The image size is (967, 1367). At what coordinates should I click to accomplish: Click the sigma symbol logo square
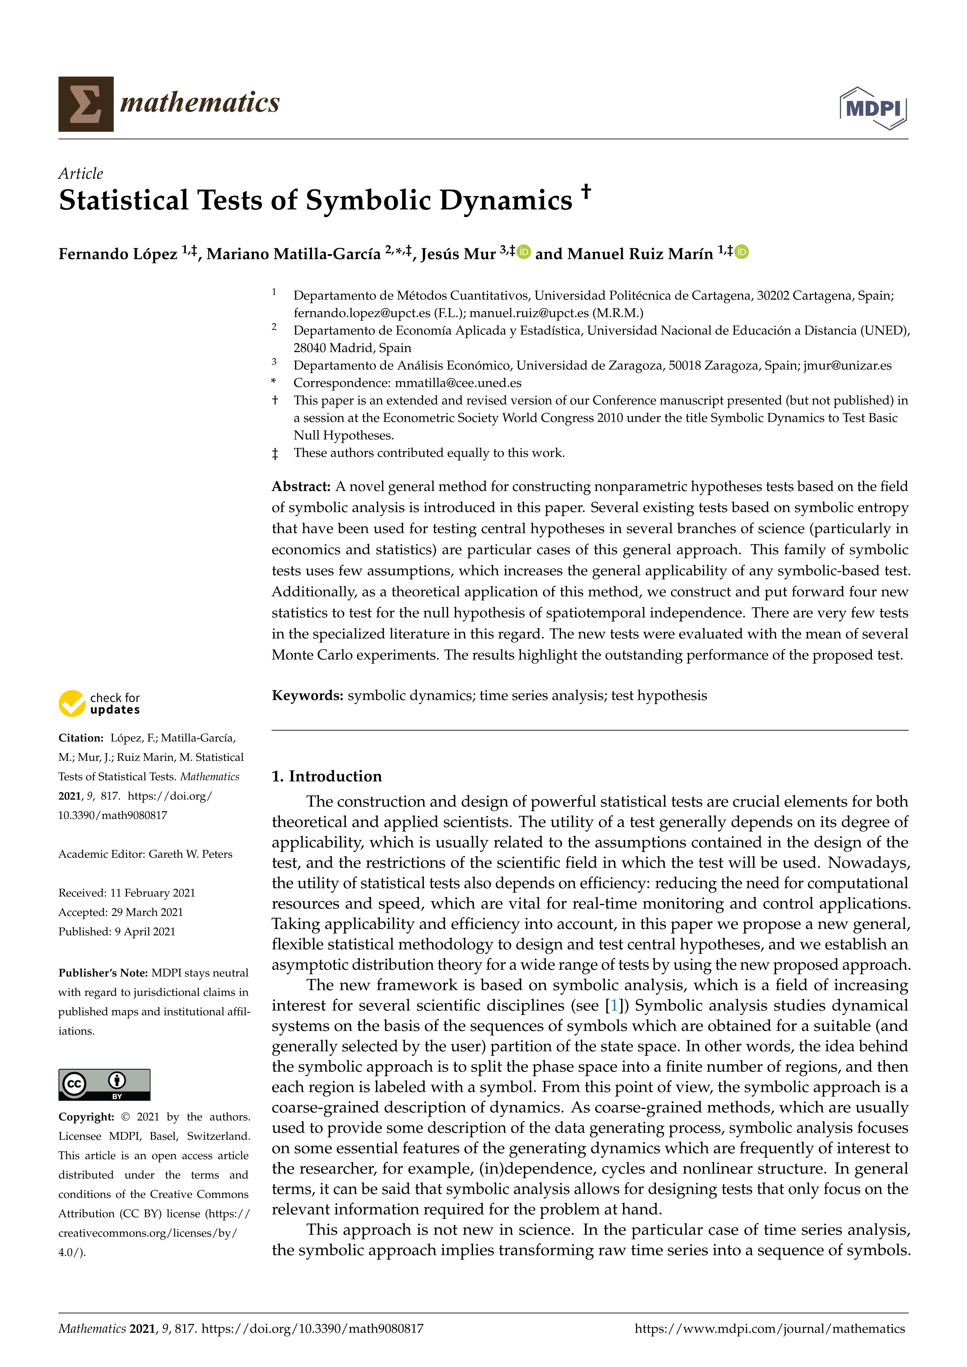click(x=86, y=104)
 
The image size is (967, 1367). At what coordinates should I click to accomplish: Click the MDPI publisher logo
click(x=873, y=108)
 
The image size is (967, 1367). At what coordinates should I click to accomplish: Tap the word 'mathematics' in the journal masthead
click(x=200, y=103)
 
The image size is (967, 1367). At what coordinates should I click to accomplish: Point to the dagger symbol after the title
click(x=586, y=191)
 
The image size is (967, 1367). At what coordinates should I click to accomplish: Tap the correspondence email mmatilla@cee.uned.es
click(x=458, y=383)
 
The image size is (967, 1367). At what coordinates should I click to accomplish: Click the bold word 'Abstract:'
click(x=301, y=486)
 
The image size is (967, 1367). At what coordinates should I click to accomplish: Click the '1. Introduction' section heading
click(x=326, y=776)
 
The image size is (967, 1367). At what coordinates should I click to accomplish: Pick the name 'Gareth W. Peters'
click(x=191, y=854)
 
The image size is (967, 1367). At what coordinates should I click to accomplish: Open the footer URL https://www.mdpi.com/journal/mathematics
click(x=769, y=1329)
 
